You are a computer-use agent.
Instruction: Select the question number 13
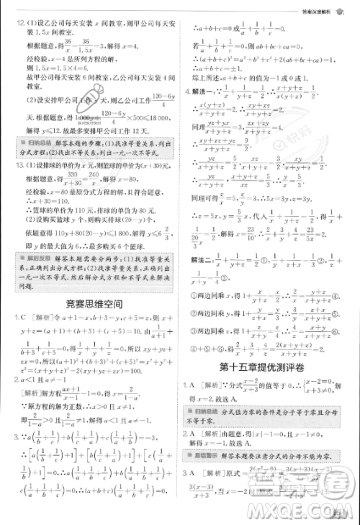(11, 165)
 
